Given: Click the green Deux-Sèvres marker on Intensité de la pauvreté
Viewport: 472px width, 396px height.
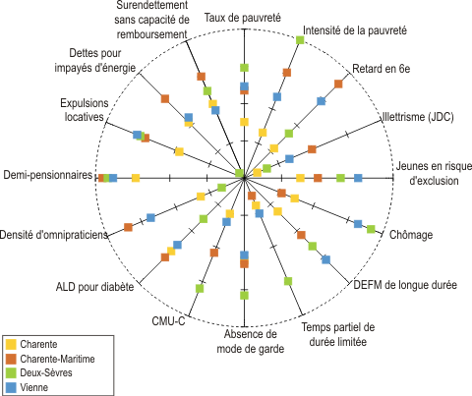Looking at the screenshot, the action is [x=300, y=40].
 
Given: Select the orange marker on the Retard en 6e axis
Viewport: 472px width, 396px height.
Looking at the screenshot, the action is [x=338, y=84].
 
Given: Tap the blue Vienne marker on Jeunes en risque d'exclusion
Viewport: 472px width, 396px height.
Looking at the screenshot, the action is [x=358, y=178].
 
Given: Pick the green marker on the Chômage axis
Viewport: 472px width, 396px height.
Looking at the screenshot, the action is [x=371, y=229].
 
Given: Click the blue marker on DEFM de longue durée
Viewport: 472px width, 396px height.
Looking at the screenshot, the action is [x=325, y=259].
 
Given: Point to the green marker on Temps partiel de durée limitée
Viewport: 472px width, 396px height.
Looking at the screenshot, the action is [x=288, y=281].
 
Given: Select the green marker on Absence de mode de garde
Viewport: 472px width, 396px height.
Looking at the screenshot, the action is [x=244, y=296].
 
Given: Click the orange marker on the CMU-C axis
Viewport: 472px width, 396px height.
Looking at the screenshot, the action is [x=214, y=253].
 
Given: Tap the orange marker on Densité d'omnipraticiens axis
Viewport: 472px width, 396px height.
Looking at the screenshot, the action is [x=128, y=227].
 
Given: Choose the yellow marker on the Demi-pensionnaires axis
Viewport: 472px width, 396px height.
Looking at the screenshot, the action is [x=136, y=178].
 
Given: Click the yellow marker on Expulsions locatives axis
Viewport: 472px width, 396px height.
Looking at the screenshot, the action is [x=179, y=151].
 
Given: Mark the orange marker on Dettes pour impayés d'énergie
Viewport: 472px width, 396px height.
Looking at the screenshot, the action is [x=165, y=98].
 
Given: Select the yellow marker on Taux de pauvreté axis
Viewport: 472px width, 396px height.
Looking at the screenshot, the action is [x=244, y=122].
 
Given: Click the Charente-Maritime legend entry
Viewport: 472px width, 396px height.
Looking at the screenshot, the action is [x=50, y=359].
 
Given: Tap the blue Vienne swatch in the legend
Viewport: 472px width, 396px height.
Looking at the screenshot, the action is [x=11, y=388].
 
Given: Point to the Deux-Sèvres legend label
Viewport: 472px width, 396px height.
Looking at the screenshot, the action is [x=46, y=373].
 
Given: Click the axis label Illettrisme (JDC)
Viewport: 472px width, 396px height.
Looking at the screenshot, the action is [x=418, y=117].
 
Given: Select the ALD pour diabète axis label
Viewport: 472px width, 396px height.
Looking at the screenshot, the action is [x=94, y=287].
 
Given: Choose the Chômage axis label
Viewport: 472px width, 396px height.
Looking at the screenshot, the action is [x=411, y=235].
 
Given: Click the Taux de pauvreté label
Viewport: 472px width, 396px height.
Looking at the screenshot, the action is [x=243, y=18].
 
